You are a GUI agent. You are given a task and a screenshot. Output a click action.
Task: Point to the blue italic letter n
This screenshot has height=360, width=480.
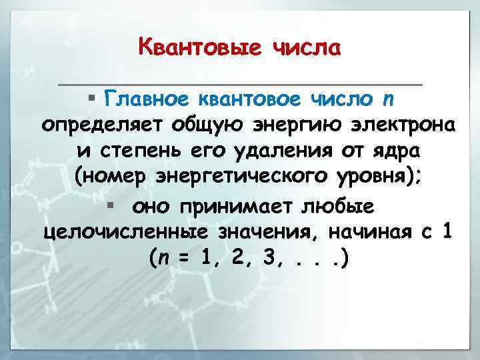click(x=388, y=100)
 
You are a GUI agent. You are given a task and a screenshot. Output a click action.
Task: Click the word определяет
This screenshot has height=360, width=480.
click(x=102, y=125)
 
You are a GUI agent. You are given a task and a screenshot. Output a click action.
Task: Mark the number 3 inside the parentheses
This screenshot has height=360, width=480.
click(x=269, y=258)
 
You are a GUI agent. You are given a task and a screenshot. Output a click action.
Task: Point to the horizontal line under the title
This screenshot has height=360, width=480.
click(x=240, y=85)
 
